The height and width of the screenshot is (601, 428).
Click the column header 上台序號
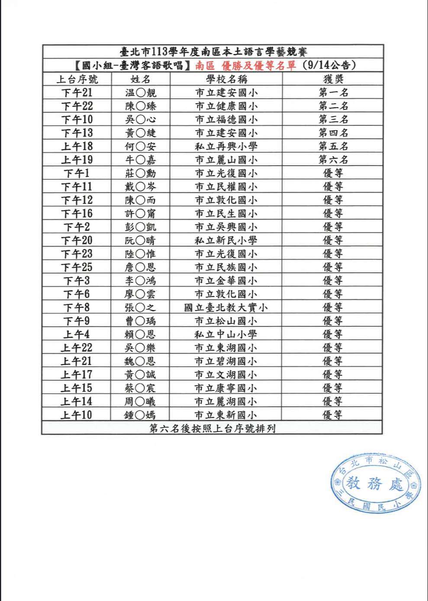pyautogui.click(x=77, y=79)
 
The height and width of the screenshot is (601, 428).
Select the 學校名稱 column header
pyautogui.click(x=226, y=79)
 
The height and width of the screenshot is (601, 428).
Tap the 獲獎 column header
pyautogui.click(x=333, y=79)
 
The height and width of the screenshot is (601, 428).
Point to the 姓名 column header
pyautogui.click(x=140, y=79)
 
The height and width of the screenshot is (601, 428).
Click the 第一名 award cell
pyautogui.click(x=333, y=93)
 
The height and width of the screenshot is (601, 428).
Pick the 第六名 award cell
pyautogui.click(x=333, y=160)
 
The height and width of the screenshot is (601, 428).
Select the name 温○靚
pyautogui.click(x=140, y=93)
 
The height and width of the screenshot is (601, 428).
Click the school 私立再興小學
pyautogui.click(x=226, y=146)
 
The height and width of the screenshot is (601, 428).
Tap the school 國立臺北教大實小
pyautogui.click(x=226, y=307)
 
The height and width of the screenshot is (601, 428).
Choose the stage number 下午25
pyautogui.click(x=77, y=267)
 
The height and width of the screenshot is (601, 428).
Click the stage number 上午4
pyautogui.click(x=77, y=334)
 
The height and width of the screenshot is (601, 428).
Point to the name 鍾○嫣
pyautogui.click(x=139, y=415)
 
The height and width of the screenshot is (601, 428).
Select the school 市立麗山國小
pyautogui.click(x=226, y=160)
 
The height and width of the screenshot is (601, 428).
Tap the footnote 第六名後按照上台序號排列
pyautogui.click(x=212, y=428)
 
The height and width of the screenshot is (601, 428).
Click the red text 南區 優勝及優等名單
pyautogui.click(x=245, y=66)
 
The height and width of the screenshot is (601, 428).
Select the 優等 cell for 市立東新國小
pyautogui.click(x=332, y=415)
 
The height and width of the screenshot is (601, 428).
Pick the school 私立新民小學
pyautogui.click(x=226, y=240)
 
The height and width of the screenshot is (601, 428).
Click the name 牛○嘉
pyautogui.click(x=140, y=160)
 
